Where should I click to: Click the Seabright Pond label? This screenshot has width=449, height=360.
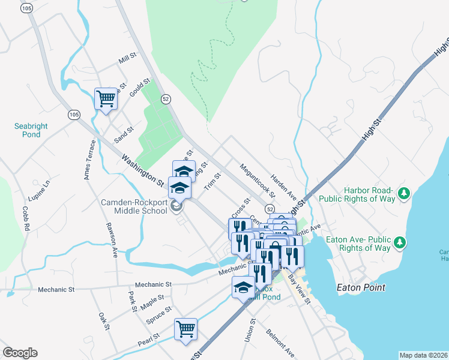click(x=31, y=130)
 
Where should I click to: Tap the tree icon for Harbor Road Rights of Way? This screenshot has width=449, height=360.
click(x=405, y=193)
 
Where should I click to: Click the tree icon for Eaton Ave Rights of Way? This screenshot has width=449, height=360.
click(x=397, y=243)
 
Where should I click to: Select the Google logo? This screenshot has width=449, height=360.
click(x=20, y=353)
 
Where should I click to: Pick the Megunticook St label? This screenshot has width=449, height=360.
click(x=258, y=181)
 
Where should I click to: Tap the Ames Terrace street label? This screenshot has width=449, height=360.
click(x=90, y=160)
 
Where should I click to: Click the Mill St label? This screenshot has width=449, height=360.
click(x=128, y=58)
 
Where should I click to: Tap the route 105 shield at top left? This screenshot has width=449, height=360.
click(x=26, y=9)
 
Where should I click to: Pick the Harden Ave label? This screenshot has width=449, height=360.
click(x=284, y=188)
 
